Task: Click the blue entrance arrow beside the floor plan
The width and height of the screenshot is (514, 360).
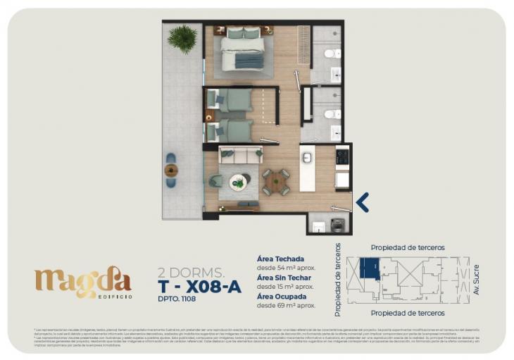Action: coord(363,202)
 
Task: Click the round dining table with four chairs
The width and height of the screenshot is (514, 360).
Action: coord(275,182)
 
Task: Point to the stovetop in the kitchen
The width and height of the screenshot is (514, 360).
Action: coord(342,157)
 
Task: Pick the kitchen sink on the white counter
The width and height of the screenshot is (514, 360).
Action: coord(307,158)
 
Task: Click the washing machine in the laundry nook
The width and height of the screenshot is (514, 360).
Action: coord(338,225)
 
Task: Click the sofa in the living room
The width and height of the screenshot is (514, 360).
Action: coord(240,154)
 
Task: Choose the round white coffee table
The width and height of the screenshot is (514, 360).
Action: coord(239,182)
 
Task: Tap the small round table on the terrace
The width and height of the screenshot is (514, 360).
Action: coord(171,170)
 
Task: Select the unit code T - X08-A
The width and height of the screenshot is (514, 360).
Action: coord(199,285)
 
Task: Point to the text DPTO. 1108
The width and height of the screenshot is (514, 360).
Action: coord(177,299)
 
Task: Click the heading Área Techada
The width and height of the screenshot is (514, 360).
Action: coord(281,259)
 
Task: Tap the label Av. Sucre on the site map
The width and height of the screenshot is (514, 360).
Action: coord(476,280)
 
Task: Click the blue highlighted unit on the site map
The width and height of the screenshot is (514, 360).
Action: coord(368,268)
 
